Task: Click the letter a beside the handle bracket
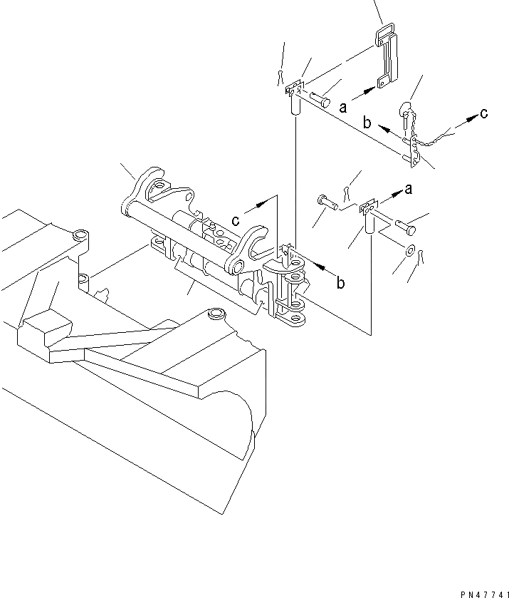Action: pos(343,107)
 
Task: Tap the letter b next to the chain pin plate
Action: pos(367,123)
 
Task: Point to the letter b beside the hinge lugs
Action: pos(341,283)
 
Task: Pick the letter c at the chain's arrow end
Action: pos(483,112)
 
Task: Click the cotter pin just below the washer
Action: pos(419,255)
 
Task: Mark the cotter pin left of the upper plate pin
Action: pos(281,76)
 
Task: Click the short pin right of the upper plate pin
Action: pos(318,99)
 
